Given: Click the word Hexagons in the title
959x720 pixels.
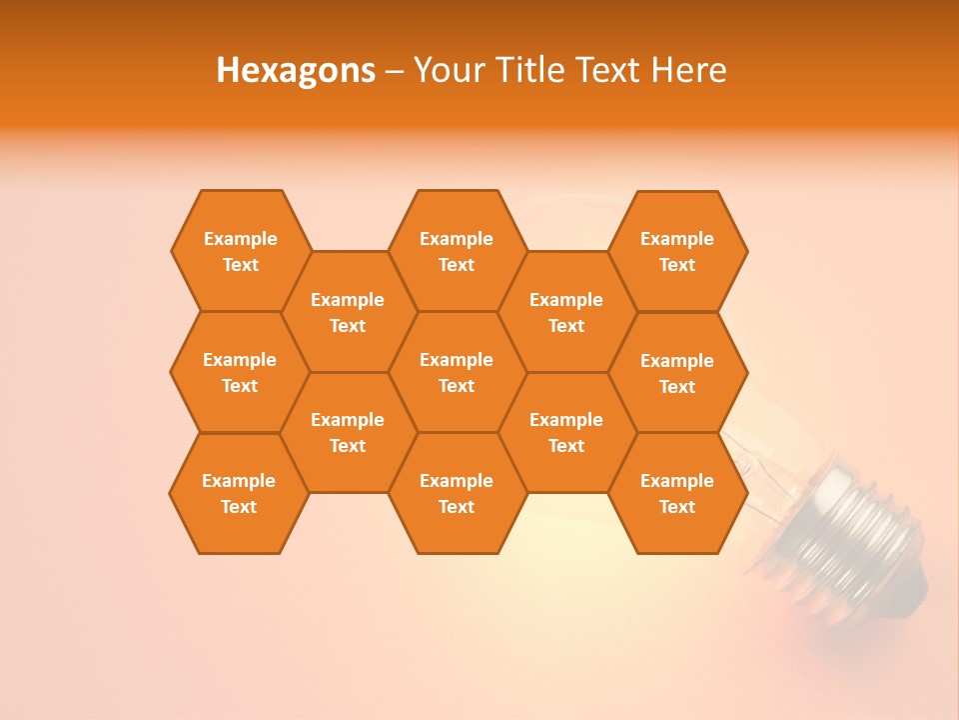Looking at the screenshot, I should click(296, 70).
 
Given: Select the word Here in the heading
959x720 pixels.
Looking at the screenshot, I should click(688, 70).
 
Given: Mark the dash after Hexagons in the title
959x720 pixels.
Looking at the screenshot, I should click(394, 71).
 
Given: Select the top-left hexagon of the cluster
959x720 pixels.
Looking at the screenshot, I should click(241, 251).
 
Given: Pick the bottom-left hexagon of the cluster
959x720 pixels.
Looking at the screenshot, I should click(239, 493).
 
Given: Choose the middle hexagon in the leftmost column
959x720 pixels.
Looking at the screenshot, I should click(240, 372).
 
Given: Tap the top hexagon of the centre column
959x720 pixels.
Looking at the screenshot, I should click(457, 251).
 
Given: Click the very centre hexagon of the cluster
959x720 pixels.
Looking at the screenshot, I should click(457, 372).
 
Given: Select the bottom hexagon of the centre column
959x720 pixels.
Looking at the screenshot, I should click(457, 493).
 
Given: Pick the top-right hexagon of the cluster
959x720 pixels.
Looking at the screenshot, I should click(677, 251).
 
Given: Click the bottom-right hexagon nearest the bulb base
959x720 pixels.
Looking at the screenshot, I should click(677, 493).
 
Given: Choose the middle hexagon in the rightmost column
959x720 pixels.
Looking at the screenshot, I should click(677, 373).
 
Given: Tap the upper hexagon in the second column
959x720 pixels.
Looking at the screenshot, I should click(348, 312).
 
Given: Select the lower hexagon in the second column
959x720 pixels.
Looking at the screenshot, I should click(348, 432).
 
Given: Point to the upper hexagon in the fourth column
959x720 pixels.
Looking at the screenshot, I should click(566, 312).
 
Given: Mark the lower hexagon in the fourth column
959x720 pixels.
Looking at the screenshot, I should click(566, 432).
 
